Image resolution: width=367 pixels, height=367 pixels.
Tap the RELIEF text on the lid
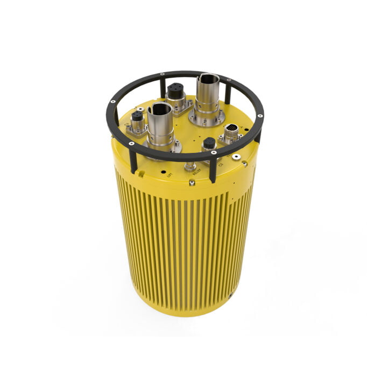tap(196, 173)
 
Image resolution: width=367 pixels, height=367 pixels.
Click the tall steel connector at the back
tap(207, 94)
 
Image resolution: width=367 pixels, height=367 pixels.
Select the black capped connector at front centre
tap(209, 144)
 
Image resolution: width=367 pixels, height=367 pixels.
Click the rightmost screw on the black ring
tap(260, 116)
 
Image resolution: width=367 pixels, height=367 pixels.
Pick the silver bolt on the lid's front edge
tap(192, 183)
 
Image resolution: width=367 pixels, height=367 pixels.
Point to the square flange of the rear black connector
tap(175, 101)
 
